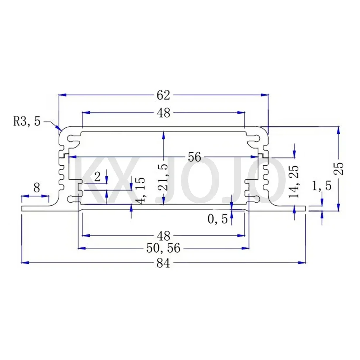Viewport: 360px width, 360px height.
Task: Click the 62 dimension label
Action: point(163,95)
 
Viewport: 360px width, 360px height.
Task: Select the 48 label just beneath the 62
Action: point(163,113)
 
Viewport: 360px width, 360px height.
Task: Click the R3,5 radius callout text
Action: point(27,122)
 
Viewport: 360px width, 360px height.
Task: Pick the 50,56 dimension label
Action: point(164,248)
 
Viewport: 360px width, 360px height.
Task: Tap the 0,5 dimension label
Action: point(218,219)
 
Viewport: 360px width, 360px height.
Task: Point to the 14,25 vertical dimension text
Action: point(295,181)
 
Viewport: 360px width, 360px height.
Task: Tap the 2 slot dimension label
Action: point(97,177)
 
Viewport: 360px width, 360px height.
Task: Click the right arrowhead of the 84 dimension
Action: point(302,262)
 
